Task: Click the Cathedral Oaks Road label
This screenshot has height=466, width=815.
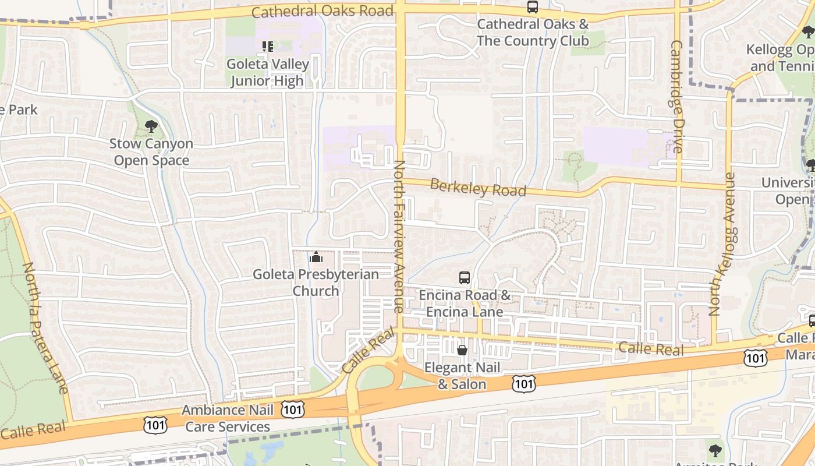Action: tap(323, 11)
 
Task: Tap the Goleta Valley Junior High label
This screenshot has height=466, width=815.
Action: tap(267, 72)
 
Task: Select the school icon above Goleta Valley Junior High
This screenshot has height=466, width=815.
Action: tap(267, 46)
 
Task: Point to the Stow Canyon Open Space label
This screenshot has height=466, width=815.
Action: tap(151, 151)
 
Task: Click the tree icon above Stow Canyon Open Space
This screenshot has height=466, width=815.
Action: tap(151, 126)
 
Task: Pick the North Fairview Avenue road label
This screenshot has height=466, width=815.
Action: tap(399, 236)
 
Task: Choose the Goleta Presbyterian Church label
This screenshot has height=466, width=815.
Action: tap(316, 282)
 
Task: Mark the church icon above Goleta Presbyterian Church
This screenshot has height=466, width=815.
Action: tap(316, 256)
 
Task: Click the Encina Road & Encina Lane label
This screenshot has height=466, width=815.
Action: tap(465, 303)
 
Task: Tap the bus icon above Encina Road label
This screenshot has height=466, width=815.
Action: tap(464, 278)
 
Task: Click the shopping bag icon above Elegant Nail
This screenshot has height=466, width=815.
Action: tap(462, 350)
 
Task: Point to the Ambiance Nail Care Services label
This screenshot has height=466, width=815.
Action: tap(228, 418)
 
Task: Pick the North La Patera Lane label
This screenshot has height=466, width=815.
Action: tap(45, 327)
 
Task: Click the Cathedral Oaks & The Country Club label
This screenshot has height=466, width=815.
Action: tap(533, 33)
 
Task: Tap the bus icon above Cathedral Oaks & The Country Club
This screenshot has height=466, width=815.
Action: tap(533, 7)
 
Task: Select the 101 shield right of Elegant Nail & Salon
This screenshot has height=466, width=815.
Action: tap(525, 383)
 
